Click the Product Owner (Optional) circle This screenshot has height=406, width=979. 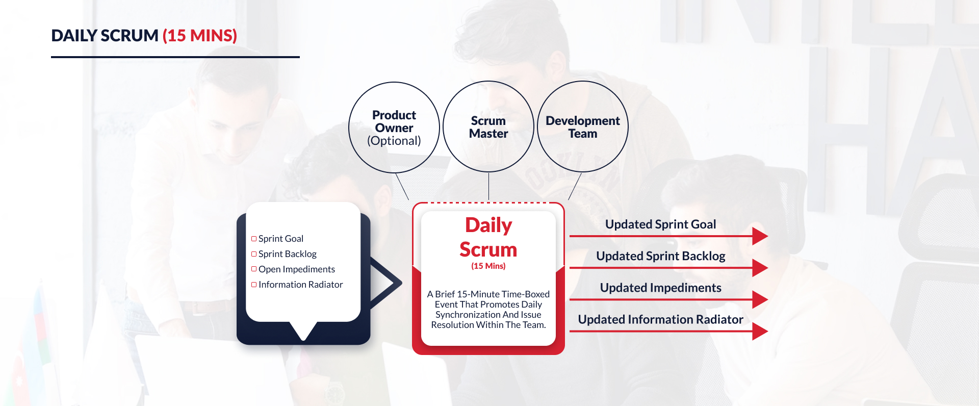(x=394, y=128)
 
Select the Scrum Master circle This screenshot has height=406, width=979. (x=488, y=127)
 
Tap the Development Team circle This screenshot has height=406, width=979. (x=582, y=127)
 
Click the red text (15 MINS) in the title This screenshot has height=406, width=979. (x=199, y=36)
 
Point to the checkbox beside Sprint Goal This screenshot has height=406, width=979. (x=254, y=239)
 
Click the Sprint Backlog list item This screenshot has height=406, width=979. (x=287, y=254)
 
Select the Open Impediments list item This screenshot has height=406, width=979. (x=296, y=269)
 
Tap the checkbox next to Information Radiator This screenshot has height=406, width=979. (x=254, y=285)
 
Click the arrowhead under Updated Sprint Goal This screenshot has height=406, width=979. (x=760, y=236)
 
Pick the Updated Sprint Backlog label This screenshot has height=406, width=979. (x=660, y=256)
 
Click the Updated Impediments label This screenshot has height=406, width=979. (x=660, y=288)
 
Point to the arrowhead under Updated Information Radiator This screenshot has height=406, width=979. (x=760, y=331)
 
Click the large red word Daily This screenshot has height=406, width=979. (x=488, y=225)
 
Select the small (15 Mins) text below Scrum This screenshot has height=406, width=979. (x=488, y=266)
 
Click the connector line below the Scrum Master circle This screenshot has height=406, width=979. (x=488, y=186)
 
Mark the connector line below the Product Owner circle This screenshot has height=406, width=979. (x=402, y=187)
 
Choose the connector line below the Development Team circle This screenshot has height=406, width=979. (x=575, y=187)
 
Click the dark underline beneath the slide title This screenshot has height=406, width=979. (x=175, y=57)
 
